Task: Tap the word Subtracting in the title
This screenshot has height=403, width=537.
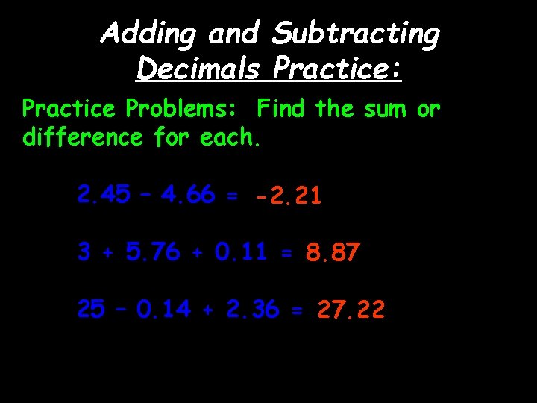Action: pyautogui.click(x=357, y=34)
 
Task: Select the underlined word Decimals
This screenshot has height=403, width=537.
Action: pyautogui.click(x=198, y=69)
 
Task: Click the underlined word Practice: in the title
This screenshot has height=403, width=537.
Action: pyautogui.click(x=338, y=69)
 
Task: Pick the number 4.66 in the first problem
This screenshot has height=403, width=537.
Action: pyautogui.click(x=187, y=195)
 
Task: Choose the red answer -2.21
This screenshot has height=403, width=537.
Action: pyautogui.click(x=288, y=196)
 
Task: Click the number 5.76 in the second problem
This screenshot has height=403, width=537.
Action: pyautogui.click(x=153, y=252)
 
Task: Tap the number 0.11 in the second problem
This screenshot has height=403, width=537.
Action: pyautogui.click(x=241, y=252)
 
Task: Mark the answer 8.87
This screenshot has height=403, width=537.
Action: pyautogui.click(x=333, y=254)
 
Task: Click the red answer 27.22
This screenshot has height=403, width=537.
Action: pyautogui.click(x=351, y=310)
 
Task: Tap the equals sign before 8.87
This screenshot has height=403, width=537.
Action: pyautogui.click(x=287, y=254)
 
